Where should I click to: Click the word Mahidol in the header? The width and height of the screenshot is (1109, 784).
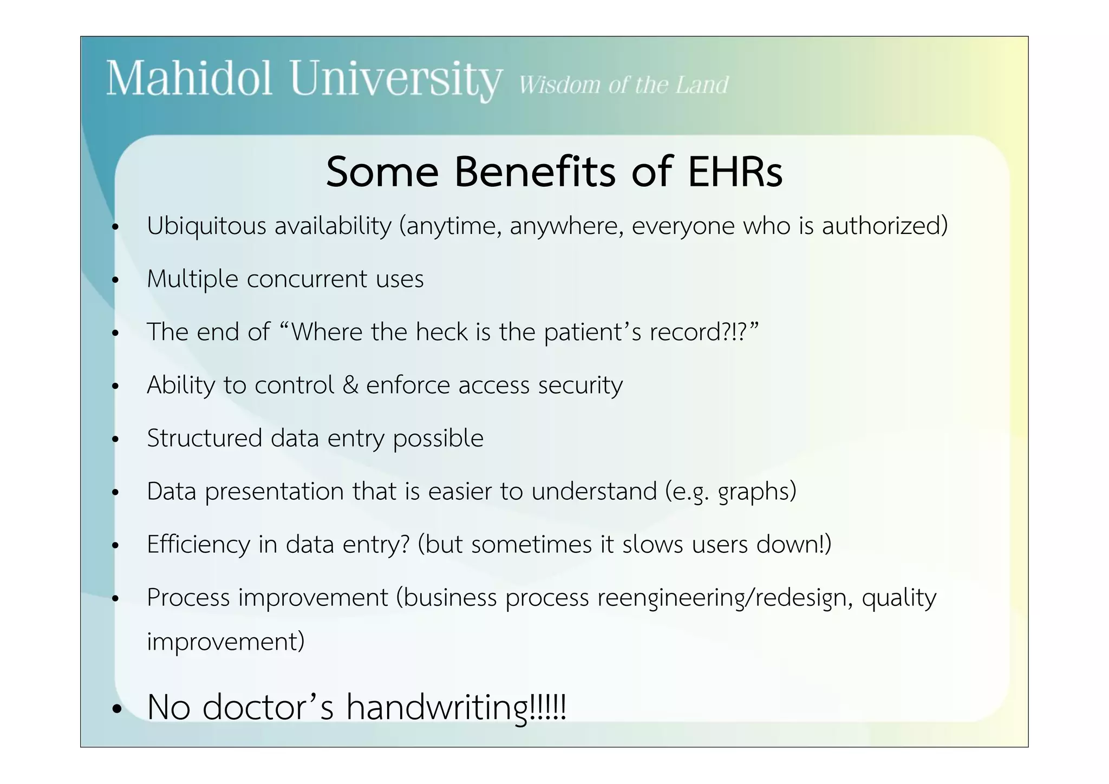pos(188,79)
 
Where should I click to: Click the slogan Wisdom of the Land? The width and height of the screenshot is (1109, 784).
pos(623,85)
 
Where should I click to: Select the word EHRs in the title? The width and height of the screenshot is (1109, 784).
pos(735,172)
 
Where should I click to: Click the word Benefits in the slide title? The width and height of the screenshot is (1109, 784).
pos(534,172)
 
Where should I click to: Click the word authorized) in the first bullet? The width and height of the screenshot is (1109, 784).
pos(885,226)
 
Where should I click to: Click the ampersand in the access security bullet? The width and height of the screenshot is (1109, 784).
pos(350,385)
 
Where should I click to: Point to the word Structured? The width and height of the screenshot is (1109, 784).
pos(204,438)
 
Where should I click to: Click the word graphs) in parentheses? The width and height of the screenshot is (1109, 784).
pos(757,492)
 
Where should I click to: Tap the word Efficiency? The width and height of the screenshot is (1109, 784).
pos(198,544)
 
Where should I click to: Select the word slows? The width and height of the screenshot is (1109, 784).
pos(653,544)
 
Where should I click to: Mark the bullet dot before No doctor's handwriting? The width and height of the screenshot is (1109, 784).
pos(116,710)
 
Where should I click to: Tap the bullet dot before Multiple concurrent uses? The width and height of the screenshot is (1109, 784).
pos(115,280)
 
